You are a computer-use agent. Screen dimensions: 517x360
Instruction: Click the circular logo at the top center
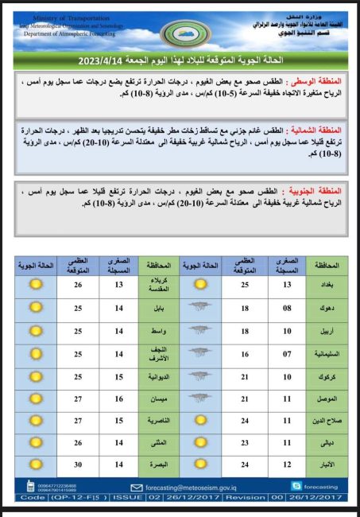179,33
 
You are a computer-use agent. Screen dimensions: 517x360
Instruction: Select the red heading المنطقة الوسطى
322,81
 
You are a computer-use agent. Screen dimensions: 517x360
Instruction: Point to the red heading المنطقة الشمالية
321,130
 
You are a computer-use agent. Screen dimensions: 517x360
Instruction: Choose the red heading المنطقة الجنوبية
321,192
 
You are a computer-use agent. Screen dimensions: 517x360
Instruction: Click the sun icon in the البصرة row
35,465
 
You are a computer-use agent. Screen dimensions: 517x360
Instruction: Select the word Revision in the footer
247,496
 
